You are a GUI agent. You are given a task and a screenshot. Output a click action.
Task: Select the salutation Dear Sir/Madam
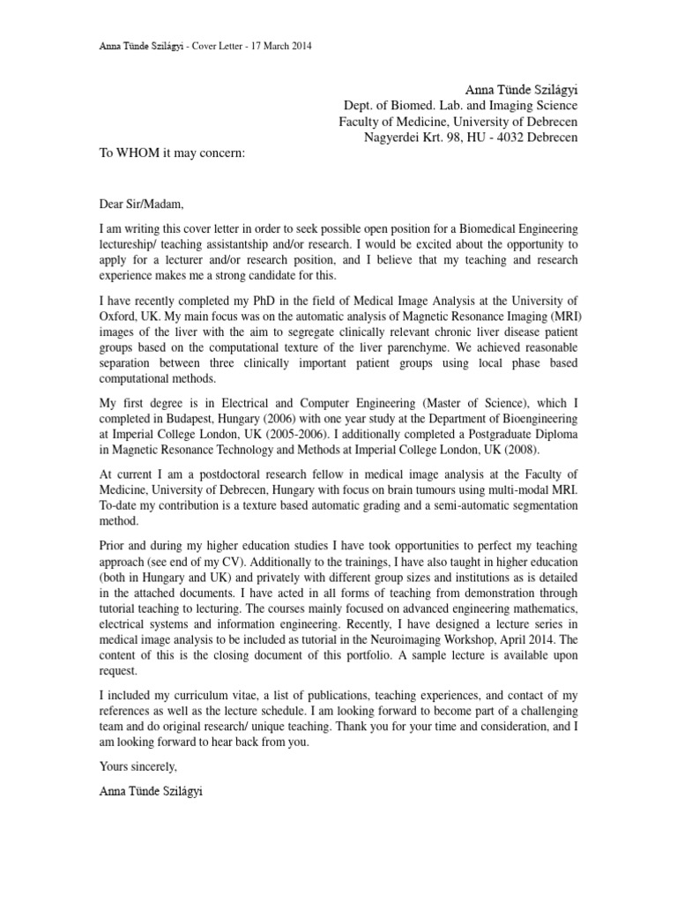click(x=142, y=205)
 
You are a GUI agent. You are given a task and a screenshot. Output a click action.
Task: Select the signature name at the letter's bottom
click(x=152, y=793)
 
